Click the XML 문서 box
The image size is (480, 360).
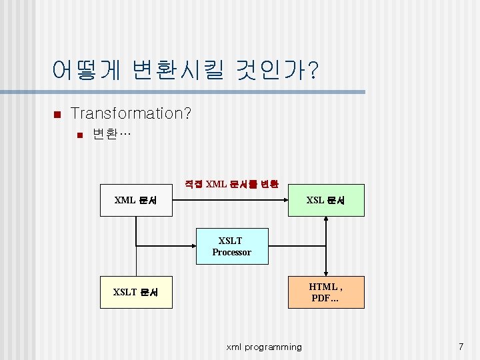coord(136,200)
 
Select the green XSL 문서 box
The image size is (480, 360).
coord(326,200)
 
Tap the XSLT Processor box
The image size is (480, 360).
coord(231,246)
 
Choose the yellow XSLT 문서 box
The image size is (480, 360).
coord(136,292)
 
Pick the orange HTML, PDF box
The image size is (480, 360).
coord(326,292)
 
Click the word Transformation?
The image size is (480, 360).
coord(131,113)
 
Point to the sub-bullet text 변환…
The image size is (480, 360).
coord(112,135)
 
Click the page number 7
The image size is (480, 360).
coord(461,347)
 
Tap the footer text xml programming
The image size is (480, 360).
coord(264,347)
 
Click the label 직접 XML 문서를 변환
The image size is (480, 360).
coord(231,184)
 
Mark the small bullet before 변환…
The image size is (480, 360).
coord(79,136)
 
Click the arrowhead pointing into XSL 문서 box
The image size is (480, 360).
coord(285,200)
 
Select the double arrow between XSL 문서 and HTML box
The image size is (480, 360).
coord(326,246)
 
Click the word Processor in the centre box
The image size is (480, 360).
coord(231,252)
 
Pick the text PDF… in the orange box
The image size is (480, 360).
coord(325,298)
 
